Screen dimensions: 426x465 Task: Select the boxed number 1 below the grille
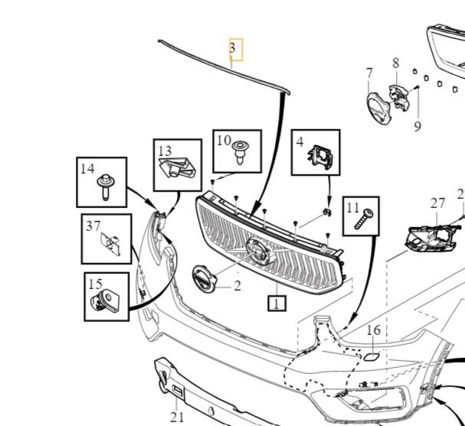pos(277,304)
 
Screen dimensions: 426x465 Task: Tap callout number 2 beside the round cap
pos(237,286)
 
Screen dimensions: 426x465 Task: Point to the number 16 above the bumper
pos(373,330)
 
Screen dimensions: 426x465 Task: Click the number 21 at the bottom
pos(177,417)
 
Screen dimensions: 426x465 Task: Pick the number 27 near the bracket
pos(437,203)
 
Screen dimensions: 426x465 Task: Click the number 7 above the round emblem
pos(369,73)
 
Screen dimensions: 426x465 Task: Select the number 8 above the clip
pos(418,125)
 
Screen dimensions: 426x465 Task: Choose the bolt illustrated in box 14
pos(105,187)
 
